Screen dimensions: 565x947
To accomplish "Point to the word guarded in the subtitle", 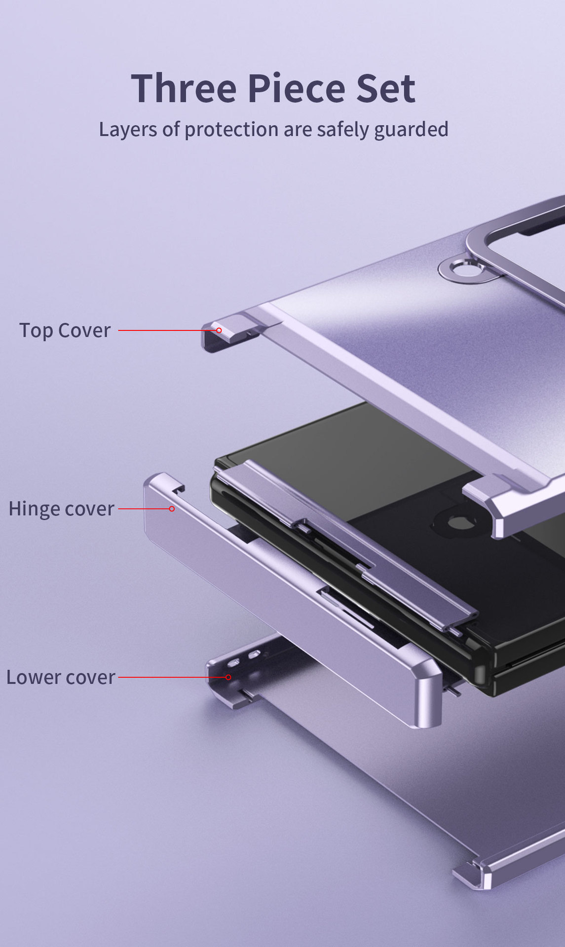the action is pyautogui.click(x=411, y=130).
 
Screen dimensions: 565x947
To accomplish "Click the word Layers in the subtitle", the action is pyautogui.click(x=128, y=130).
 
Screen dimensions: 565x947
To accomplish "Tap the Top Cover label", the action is pyautogui.click(x=65, y=330).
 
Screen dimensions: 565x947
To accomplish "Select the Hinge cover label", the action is pyautogui.click(x=61, y=509).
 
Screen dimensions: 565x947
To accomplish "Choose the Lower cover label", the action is pyautogui.click(x=61, y=677).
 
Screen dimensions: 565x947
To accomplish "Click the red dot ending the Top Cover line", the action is pyautogui.click(x=219, y=330).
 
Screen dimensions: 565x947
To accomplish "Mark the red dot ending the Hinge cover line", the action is pyautogui.click(x=172, y=509).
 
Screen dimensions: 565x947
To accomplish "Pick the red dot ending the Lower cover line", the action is pyautogui.click(x=228, y=677).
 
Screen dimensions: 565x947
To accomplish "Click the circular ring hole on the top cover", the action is pyautogui.click(x=463, y=269).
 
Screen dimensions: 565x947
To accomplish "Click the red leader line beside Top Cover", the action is pyautogui.click(x=168, y=330).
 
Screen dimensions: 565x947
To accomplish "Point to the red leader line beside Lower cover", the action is pyautogui.click(x=172, y=677).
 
